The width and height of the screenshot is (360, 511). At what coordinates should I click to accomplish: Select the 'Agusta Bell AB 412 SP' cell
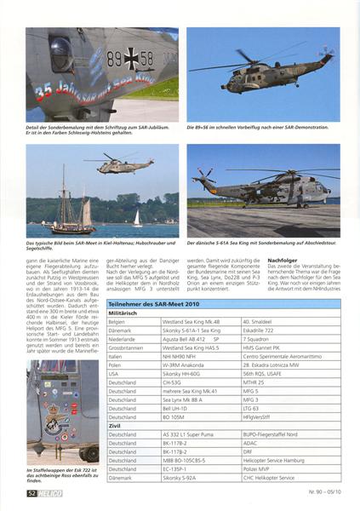[186, 339]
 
